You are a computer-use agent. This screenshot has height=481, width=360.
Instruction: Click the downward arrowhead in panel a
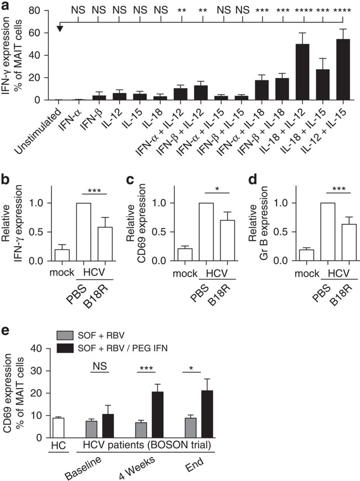pos(59,29)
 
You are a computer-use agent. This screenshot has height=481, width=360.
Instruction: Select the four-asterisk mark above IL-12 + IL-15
pos(343,10)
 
